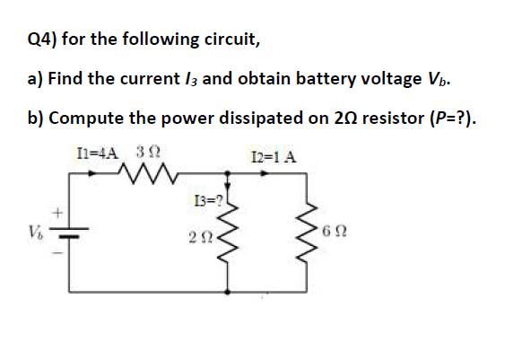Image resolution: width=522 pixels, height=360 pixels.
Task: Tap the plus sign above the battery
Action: [x=60, y=213]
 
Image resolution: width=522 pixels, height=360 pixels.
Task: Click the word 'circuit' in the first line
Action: [x=231, y=40]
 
